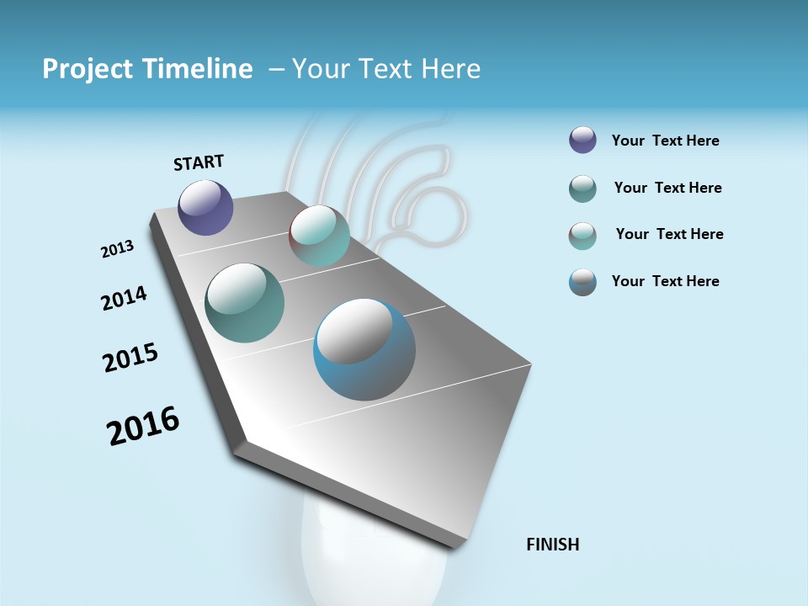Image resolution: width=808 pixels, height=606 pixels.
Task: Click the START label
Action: coord(199,162)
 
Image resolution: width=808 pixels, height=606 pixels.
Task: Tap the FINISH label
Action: coord(552,545)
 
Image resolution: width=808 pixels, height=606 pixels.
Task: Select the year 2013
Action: coord(117,248)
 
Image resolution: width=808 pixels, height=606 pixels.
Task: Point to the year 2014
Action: coord(124,298)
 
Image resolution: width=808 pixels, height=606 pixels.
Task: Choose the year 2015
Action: coord(130,358)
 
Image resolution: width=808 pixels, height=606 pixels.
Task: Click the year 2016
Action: coord(143,426)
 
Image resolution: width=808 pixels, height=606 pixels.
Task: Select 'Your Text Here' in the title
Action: coord(386,69)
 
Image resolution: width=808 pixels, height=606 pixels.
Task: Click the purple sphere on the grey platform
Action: coord(205,207)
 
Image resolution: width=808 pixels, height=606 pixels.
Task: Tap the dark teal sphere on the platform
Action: coord(244,303)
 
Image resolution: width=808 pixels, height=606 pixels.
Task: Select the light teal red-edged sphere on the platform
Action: coord(319,236)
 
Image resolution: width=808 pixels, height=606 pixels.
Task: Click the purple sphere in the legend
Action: coord(582,140)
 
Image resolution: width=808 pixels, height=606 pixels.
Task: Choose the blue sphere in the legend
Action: coord(582,282)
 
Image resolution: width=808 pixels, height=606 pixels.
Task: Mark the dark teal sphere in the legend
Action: coord(582,189)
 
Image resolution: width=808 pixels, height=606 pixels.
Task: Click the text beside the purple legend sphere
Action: coord(665,141)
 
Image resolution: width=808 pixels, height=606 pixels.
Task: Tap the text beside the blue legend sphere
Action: coord(665,281)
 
